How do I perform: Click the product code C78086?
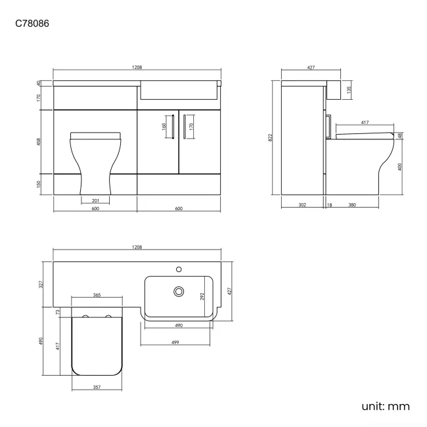point(32,24)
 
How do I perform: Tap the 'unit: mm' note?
point(386,406)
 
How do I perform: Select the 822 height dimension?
point(270,137)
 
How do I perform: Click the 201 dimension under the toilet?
point(95,200)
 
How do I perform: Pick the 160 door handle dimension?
point(164,125)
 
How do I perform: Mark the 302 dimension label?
point(302,205)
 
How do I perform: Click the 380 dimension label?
point(351,205)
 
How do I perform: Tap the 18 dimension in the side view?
point(329,205)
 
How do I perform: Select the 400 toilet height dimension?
point(400,166)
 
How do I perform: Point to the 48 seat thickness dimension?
point(400,135)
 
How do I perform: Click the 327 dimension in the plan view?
point(41,284)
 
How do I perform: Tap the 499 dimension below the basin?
point(177,344)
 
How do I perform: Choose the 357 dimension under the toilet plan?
point(97,388)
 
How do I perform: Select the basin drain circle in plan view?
point(177,290)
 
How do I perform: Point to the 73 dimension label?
point(58,312)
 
